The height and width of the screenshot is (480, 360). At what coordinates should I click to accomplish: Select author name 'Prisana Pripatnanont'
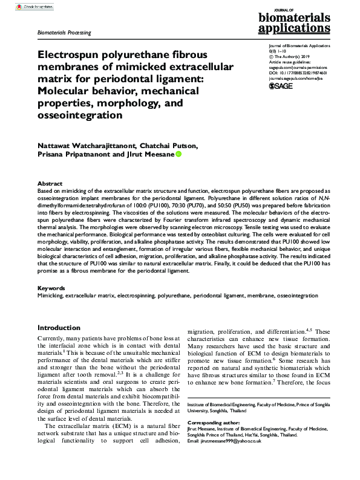point(75,155)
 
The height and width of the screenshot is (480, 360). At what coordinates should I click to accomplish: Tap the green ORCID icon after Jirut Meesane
point(178,155)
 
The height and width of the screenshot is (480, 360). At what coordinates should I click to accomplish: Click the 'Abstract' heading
point(50,183)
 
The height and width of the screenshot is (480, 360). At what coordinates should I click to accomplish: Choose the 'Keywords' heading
point(51,288)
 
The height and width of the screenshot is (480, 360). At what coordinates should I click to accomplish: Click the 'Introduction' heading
point(59,327)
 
